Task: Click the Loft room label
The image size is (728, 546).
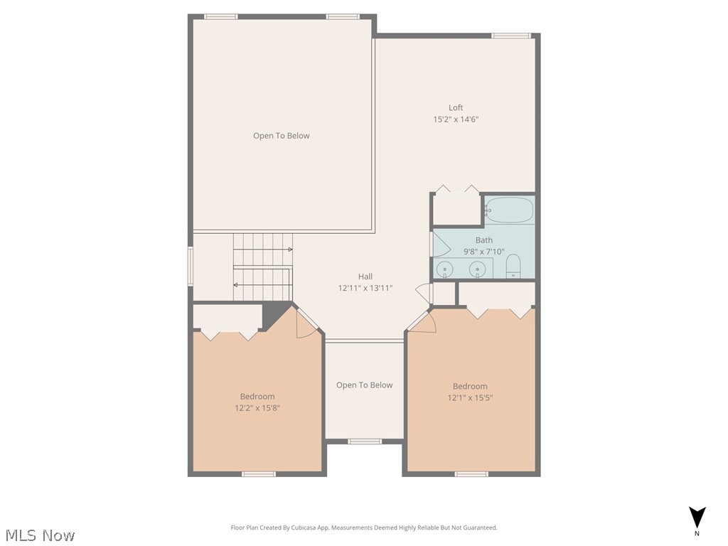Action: [456, 108]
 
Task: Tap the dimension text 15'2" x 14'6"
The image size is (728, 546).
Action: [456, 119]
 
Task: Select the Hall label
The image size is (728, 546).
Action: [365, 277]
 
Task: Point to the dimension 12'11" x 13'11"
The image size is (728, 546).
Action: [365, 288]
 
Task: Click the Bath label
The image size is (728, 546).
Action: [483, 240]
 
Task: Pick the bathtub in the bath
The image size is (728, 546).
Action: [508, 210]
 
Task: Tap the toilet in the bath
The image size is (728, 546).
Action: [513, 266]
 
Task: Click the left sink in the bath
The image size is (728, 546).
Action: [444, 269]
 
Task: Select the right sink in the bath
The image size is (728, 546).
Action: [478, 269]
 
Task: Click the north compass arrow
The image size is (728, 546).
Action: [697, 517]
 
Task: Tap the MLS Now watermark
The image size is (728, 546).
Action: [39, 535]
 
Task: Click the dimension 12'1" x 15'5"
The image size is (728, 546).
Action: [470, 398]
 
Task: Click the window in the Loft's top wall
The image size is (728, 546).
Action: [511, 36]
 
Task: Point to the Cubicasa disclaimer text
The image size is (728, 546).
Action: [364, 528]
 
